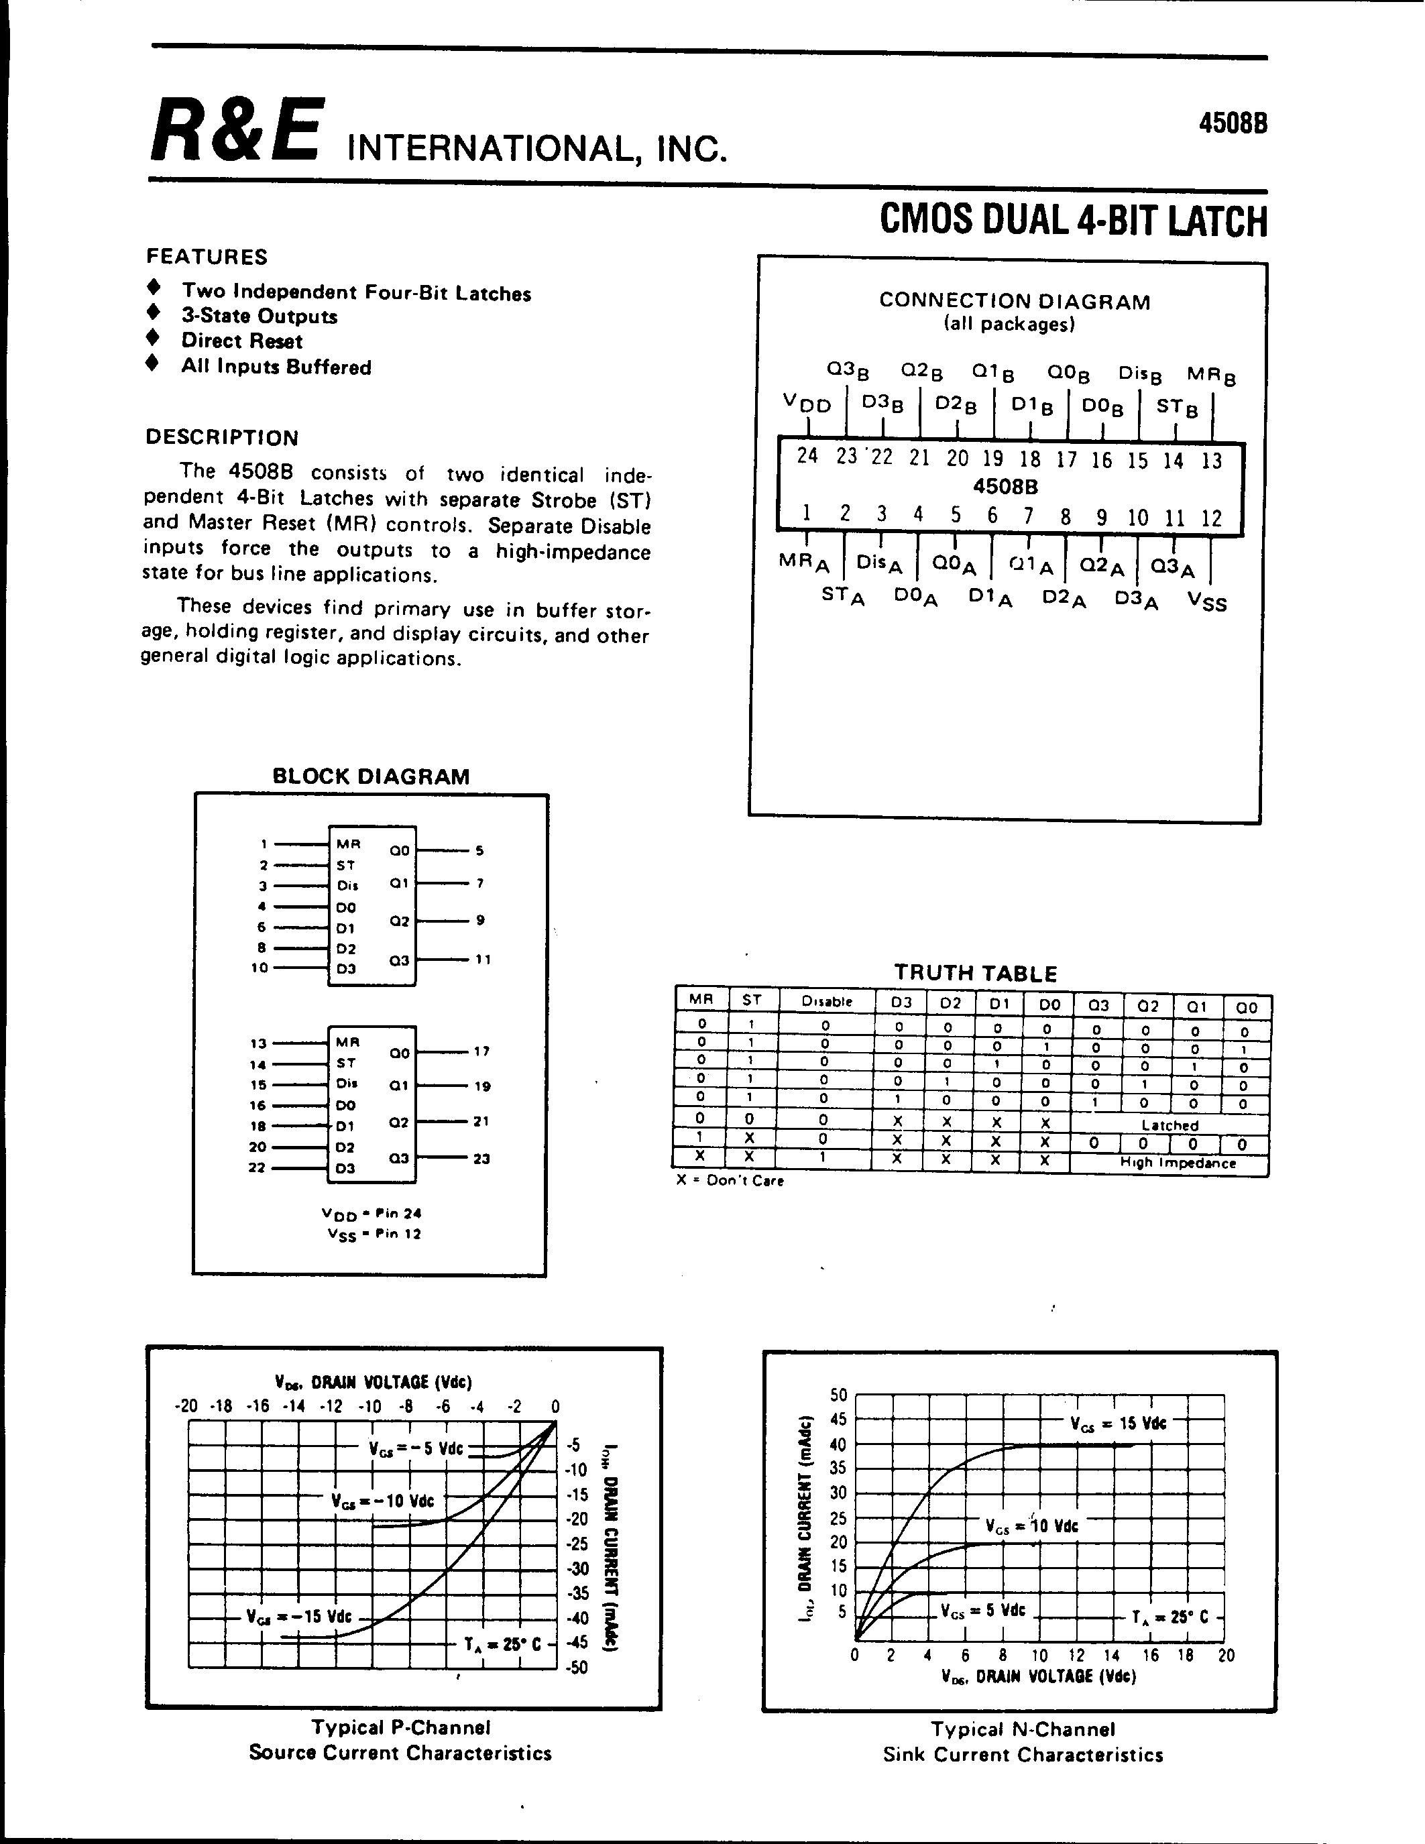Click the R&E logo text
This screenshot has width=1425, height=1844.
pos(236,131)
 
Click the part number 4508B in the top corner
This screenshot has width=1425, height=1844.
pos(1232,123)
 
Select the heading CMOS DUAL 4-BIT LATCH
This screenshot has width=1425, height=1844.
pos(1073,221)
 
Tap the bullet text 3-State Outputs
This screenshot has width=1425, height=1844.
pos(259,316)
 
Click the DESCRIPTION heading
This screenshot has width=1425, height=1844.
pos(222,437)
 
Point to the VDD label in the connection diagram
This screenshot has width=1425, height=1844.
pos(807,404)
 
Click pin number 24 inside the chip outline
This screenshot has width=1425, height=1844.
pos(807,456)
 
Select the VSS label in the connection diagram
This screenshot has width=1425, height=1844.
pos(1206,601)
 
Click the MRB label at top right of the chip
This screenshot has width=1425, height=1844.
pos(1210,375)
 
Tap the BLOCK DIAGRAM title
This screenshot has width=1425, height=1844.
pos(371,776)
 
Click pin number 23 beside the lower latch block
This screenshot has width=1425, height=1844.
pos(481,1159)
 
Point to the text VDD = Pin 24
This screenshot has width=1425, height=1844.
pos(372,1213)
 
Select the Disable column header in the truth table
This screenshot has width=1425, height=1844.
pos(826,1001)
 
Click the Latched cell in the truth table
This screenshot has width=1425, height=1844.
pos(1170,1125)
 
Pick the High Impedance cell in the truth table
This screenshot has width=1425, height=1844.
pos(1177,1163)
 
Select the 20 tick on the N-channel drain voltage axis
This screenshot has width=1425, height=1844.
pos(1225,1656)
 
